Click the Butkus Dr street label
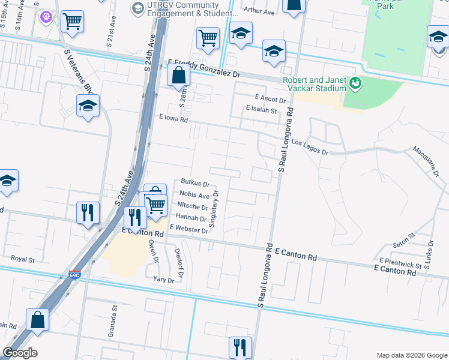(194, 184)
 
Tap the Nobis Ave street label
(194, 196)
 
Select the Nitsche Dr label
(192, 208)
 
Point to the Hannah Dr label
(191, 219)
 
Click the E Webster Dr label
(189, 229)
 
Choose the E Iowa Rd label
(173, 119)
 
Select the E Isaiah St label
(261, 110)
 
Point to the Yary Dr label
(163, 280)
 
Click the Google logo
(20, 353)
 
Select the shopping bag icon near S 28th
(179, 76)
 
